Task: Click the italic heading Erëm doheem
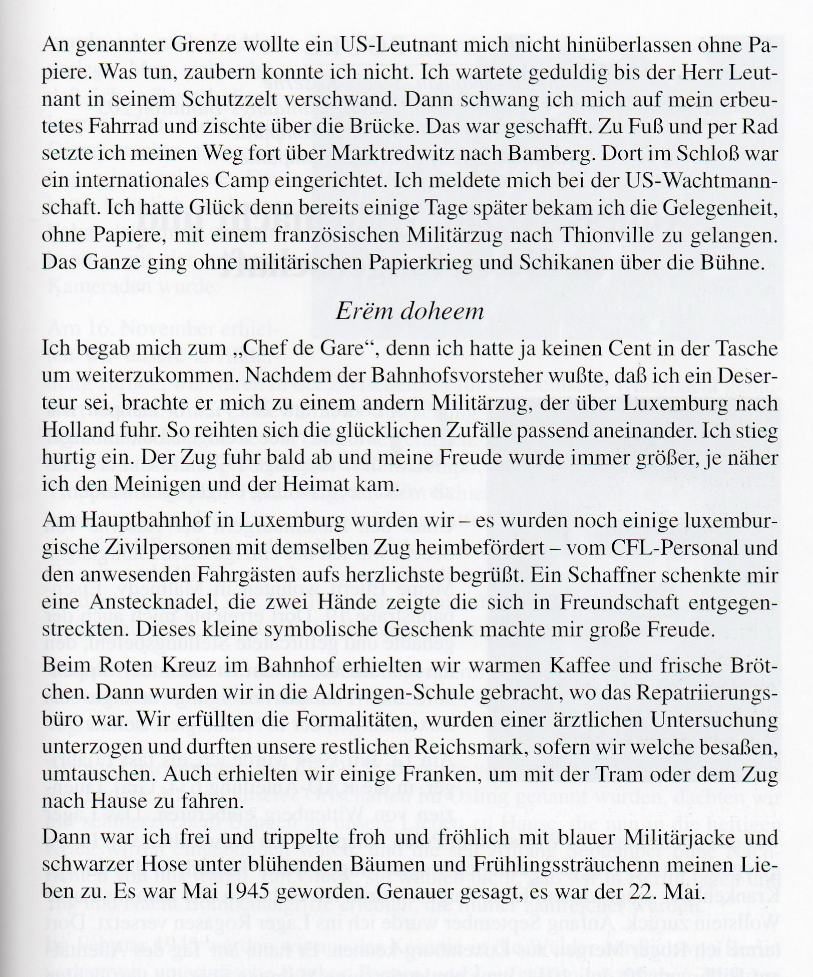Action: click(x=410, y=311)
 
